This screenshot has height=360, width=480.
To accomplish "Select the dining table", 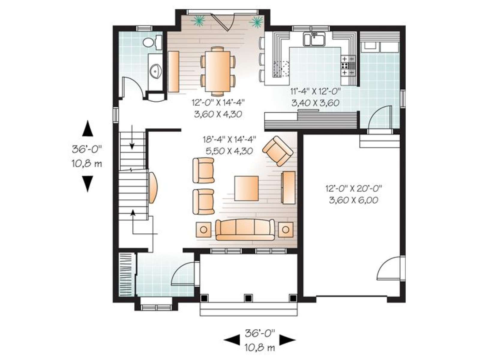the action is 217,71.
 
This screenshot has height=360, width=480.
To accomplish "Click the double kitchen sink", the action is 314,39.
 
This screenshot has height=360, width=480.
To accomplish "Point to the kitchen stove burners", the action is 348,65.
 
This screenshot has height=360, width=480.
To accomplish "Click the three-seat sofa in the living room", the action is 245,230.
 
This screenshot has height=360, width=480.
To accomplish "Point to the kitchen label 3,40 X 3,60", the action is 315,103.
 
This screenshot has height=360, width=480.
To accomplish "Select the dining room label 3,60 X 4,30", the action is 218,114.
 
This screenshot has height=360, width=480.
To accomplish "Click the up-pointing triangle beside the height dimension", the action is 88,128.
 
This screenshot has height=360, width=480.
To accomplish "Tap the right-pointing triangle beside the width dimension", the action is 288,340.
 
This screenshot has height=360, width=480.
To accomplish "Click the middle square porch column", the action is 248,298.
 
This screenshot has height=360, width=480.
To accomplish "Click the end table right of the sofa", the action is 286,230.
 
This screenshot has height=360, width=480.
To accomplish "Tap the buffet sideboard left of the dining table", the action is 173,71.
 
